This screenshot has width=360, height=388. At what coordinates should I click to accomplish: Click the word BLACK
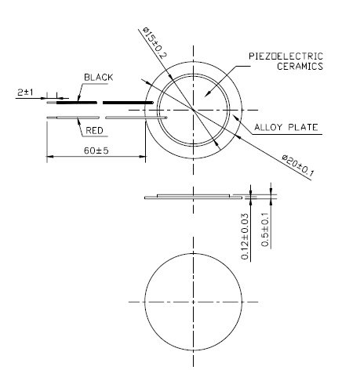(x=99, y=78)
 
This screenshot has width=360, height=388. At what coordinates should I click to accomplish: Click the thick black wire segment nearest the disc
(x=128, y=102)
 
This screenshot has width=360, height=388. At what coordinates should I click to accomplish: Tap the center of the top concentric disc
(x=193, y=111)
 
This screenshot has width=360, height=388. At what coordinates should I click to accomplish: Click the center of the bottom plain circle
(x=193, y=300)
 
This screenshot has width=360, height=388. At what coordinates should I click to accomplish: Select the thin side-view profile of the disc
(x=193, y=196)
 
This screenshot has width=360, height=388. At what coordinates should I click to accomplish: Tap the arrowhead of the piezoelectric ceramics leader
(x=205, y=95)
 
